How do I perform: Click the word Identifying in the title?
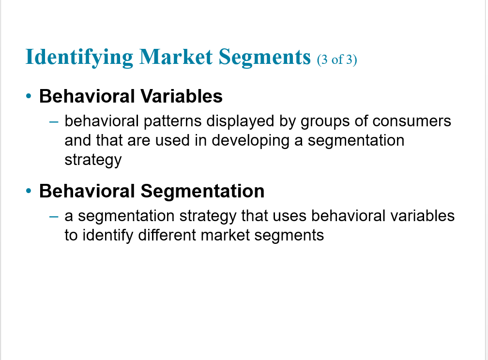coord(79,58)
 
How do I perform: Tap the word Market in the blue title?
coord(176,57)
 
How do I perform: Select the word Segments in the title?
coord(264,58)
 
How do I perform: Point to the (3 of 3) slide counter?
coord(337,60)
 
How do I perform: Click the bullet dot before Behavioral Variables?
coord(29,96)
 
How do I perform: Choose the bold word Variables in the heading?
coord(182,96)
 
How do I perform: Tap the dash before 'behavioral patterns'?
coord(54,122)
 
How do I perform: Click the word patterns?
coord(173,121)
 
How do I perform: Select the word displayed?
coord(240,121)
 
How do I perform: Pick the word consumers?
coord(412,121)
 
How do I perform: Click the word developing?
coord(251,141)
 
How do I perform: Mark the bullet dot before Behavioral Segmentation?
coord(29,191)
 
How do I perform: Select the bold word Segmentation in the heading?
coord(202,191)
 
